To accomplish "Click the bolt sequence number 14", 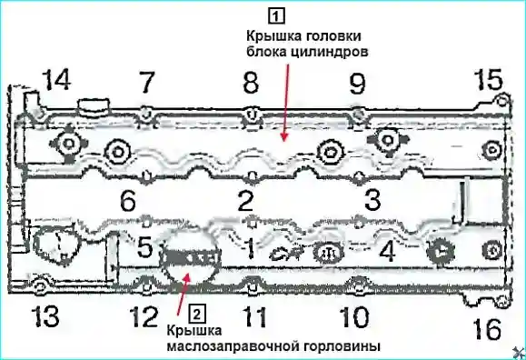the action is point(57,80).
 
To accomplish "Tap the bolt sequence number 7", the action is point(146,83).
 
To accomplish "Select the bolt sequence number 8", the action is point(251,83).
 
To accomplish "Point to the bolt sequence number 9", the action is point(357,84).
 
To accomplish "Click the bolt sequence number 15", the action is point(488,79).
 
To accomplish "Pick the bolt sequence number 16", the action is point(487,329).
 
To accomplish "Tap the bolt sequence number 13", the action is point(45,316).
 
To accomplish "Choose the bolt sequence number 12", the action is point(144,316).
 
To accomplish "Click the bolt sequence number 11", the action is point(254,316).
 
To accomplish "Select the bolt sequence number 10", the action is point(354,317).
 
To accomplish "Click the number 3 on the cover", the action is point(372,199).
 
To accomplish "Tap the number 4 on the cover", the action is point(387,251).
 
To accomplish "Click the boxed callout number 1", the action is point(276,15).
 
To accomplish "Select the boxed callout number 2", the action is point(197,314).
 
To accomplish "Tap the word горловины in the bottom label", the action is point(342,345).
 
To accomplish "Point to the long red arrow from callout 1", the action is point(286,103).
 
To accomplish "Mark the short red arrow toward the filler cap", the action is point(184,294).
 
